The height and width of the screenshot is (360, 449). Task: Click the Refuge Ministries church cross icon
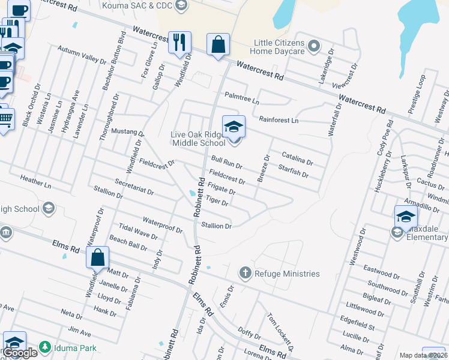244,274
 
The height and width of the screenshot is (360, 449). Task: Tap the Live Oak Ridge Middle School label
198,138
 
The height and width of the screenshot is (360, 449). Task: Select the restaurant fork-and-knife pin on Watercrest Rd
179,43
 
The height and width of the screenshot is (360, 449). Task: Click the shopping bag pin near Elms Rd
97,258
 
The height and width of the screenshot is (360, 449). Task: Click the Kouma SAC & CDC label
145,5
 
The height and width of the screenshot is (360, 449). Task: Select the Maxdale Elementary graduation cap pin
406,217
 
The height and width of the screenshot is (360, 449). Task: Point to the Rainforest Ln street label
277,120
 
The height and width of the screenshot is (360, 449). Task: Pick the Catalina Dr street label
297,158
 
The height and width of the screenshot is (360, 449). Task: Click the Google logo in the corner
20,353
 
